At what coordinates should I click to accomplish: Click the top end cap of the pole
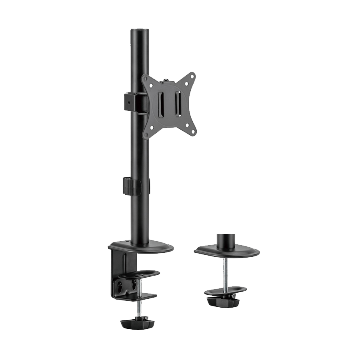pyautogui.click(x=139, y=30)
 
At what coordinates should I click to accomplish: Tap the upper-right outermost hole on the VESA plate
pyautogui.click(x=194, y=74)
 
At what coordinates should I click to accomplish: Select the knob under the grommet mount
pyautogui.click(x=220, y=300)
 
